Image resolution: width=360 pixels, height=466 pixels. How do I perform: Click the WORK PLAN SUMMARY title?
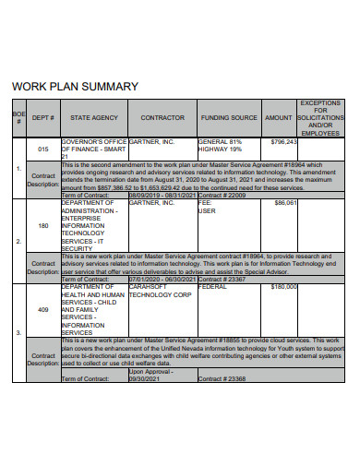tap(74, 86)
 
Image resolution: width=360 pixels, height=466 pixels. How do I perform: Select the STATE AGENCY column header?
tap(93, 118)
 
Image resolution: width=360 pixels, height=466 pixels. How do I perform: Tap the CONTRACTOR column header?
tap(162, 118)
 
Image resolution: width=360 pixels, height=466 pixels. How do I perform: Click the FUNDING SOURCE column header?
tap(229, 118)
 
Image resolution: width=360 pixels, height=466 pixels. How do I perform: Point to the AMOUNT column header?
tap(278, 118)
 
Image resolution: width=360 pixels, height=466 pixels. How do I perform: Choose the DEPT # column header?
tap(43, 118)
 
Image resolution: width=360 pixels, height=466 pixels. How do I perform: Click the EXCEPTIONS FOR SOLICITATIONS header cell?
tap(320, 118)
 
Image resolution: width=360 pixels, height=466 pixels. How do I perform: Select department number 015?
tap(43, 149)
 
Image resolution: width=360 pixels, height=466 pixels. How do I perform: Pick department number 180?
tap(43, 224)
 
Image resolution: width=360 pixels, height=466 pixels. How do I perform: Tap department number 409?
tap(43, 310)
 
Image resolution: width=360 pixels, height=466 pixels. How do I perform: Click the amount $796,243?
tap(284, 142)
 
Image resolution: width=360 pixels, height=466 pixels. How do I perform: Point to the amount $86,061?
tap(286, 203)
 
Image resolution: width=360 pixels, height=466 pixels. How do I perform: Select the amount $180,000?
tap(283, 287)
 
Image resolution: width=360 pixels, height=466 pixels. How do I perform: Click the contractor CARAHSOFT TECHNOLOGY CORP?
tap(161, 291)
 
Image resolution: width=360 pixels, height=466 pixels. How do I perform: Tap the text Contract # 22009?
tap(222, 196)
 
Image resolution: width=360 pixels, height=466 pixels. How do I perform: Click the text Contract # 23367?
tap(222, 279)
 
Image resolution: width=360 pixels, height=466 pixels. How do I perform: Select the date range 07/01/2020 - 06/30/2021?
tap(162, 279)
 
